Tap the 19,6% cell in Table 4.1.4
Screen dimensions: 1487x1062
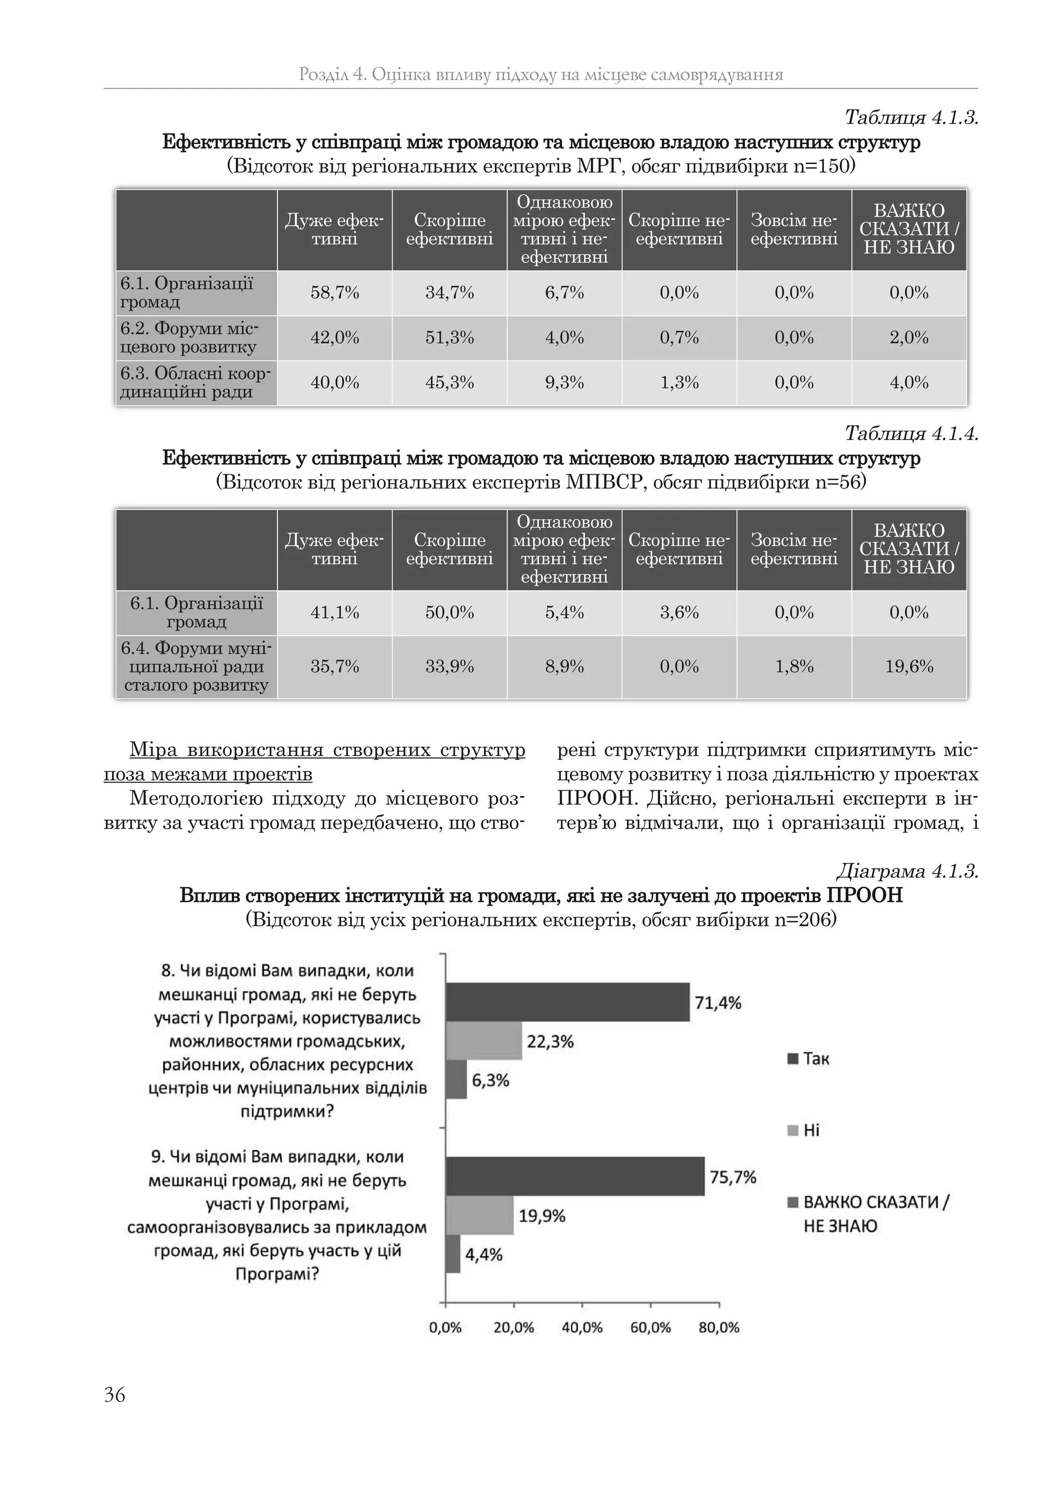[909, 666]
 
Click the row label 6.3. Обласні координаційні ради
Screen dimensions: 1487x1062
[195, 383]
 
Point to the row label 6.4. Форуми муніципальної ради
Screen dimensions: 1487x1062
[195, 666]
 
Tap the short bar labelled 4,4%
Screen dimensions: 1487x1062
[453, 1254]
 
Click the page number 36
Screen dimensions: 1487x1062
[115, 1395]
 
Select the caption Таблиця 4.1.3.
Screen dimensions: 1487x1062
[911, 118]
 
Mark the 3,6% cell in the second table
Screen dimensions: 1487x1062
[679, 612]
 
